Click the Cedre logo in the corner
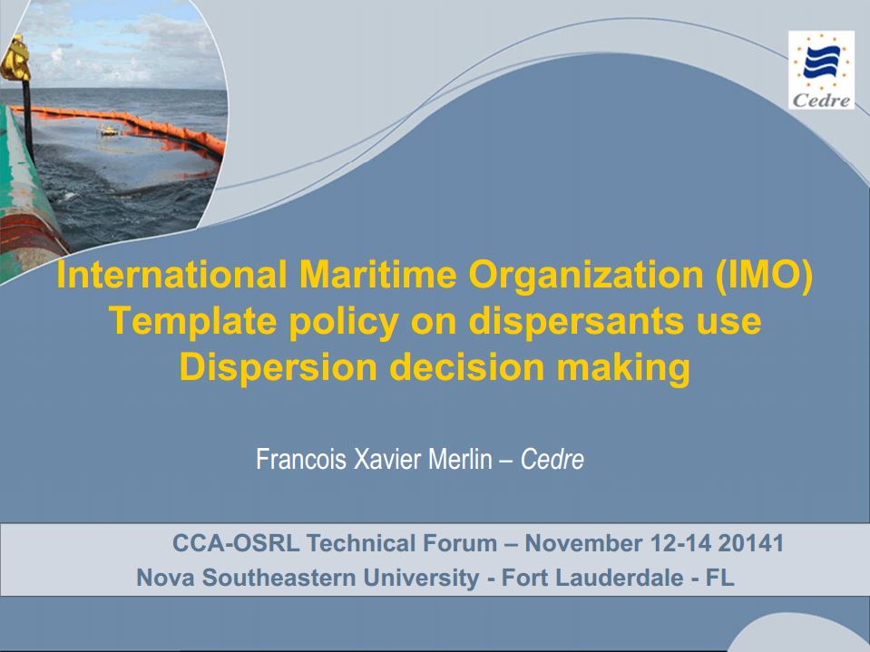click(x=821, y=70)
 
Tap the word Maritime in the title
click(x=378, y=275)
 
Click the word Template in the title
click(x=192, y=321)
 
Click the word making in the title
click(x=623, y=368)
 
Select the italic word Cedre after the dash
click(x=552, y=460)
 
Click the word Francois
click(x=301, y=459)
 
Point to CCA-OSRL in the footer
click(x=236, y=543)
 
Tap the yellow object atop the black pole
click(x=15, y=58)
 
